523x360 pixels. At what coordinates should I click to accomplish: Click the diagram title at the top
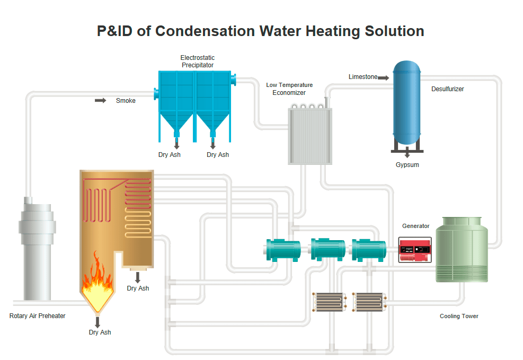click(260, 31)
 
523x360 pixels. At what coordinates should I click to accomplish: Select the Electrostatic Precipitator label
click(198, 62)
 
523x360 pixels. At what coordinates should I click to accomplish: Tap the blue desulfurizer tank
click(406, 103)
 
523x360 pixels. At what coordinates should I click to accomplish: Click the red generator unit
click(415, 250)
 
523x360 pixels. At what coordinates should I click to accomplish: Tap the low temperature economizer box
click(309, 136)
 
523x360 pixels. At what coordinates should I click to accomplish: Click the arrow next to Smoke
click(100, 100)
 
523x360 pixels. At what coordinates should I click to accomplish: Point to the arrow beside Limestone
click(384, 78)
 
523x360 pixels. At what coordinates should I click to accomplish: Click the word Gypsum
click(407, 165)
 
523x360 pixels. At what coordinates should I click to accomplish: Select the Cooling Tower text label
click(459, 317)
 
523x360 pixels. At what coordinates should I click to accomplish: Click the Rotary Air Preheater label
click(38, 316)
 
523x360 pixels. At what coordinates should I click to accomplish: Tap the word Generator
click(416, 226)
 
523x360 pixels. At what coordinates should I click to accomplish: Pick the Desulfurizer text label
click(447, 89)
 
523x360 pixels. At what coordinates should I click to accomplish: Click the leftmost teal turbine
click(283, 250)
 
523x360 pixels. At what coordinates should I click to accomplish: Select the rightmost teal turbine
click(369, 250)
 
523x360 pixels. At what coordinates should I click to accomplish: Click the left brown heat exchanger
click(329, 302)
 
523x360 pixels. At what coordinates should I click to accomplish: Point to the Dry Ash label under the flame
click(100, 332)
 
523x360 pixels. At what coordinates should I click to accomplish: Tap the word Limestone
click(363, 77)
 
